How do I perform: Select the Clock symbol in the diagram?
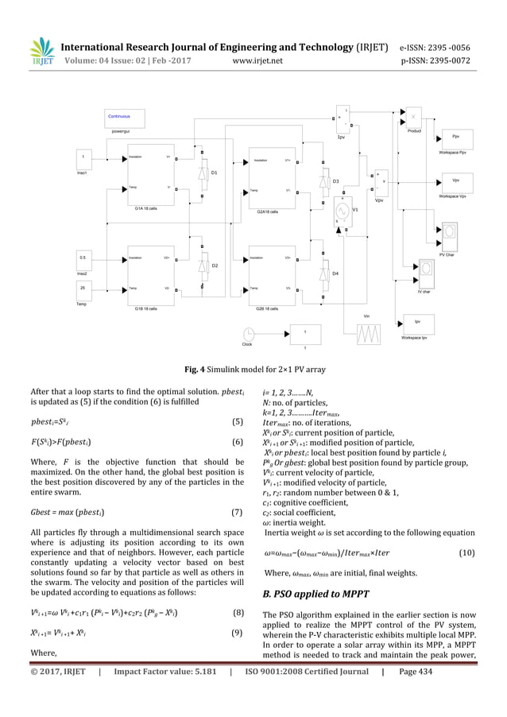(247, 333)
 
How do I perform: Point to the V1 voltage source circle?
(344, 211)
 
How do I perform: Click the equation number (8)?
(237, 612)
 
